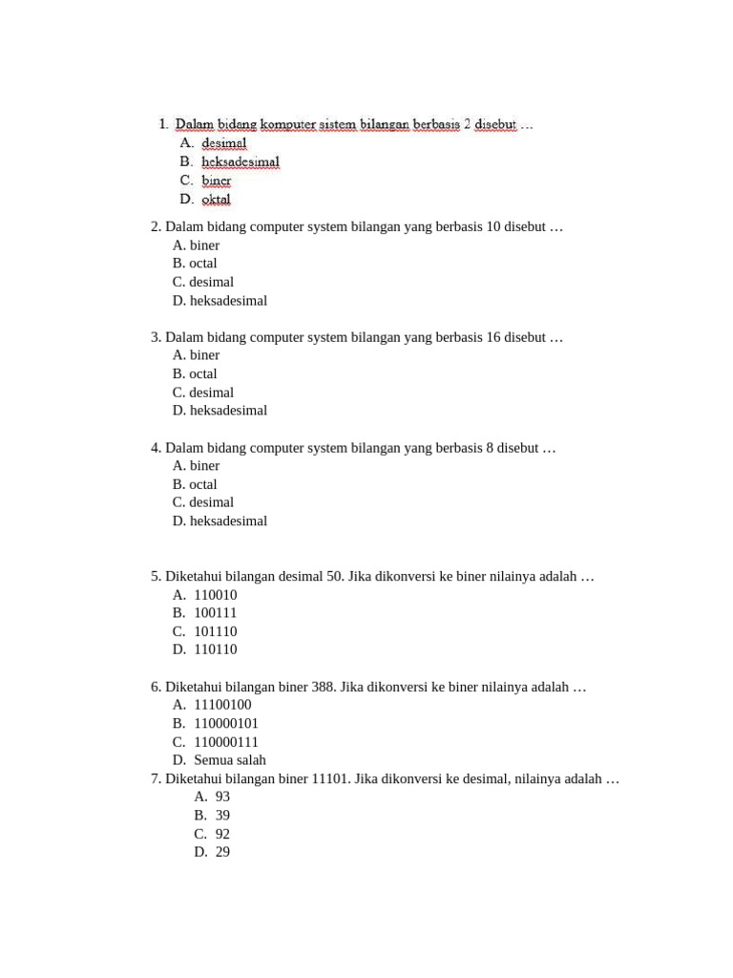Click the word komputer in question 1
pos(292,124)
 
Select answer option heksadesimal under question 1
pos(241,161)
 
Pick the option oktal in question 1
pos(217,200)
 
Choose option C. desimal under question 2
pos(203,282)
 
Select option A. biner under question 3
pos(197,355)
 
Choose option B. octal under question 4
pos(196,484)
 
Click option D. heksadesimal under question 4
pos(220,521)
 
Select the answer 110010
pos(216,595)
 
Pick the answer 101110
pos(216,631)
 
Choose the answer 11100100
pos(222,705)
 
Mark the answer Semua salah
pos(230,760)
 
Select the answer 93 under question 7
pos(222,797)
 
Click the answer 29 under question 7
pos(222,852)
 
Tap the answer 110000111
pos(226,742)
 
